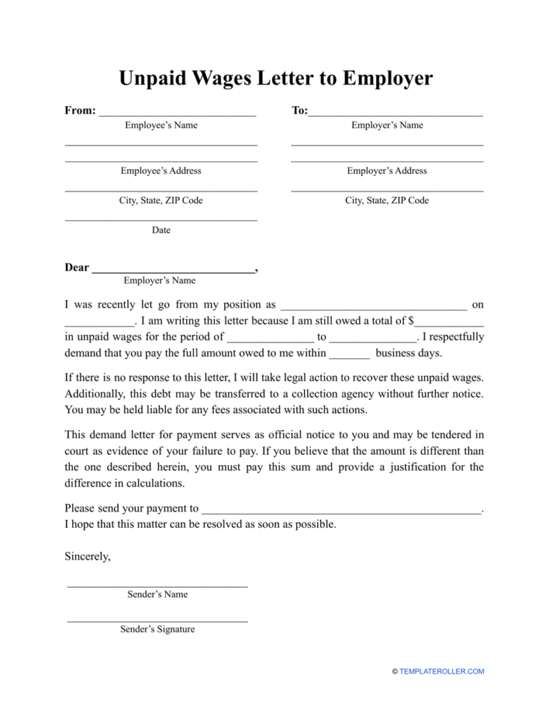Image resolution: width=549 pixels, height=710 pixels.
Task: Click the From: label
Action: tap(80, 111)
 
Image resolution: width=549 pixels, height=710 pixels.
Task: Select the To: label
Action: tap(299, 111)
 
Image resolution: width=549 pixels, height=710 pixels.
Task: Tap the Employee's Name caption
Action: tap(161, 125)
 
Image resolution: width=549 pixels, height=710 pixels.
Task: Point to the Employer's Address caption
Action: tap(387, 171)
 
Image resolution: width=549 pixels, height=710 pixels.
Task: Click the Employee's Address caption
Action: tap(161, 171)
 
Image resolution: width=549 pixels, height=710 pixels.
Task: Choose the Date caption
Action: tap(161, 230)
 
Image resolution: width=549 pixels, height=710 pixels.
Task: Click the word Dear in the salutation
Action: tap(76, 268)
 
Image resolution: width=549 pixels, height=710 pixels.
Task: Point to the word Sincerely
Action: tap(87, 556)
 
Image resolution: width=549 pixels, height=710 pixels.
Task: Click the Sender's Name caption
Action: tap(158, 594)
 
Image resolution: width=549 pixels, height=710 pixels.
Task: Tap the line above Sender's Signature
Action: tap(158, 620)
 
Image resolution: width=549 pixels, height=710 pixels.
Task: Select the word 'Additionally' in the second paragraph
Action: tap(94, 394)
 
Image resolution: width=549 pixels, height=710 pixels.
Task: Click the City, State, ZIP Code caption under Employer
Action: tap(387, 200)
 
